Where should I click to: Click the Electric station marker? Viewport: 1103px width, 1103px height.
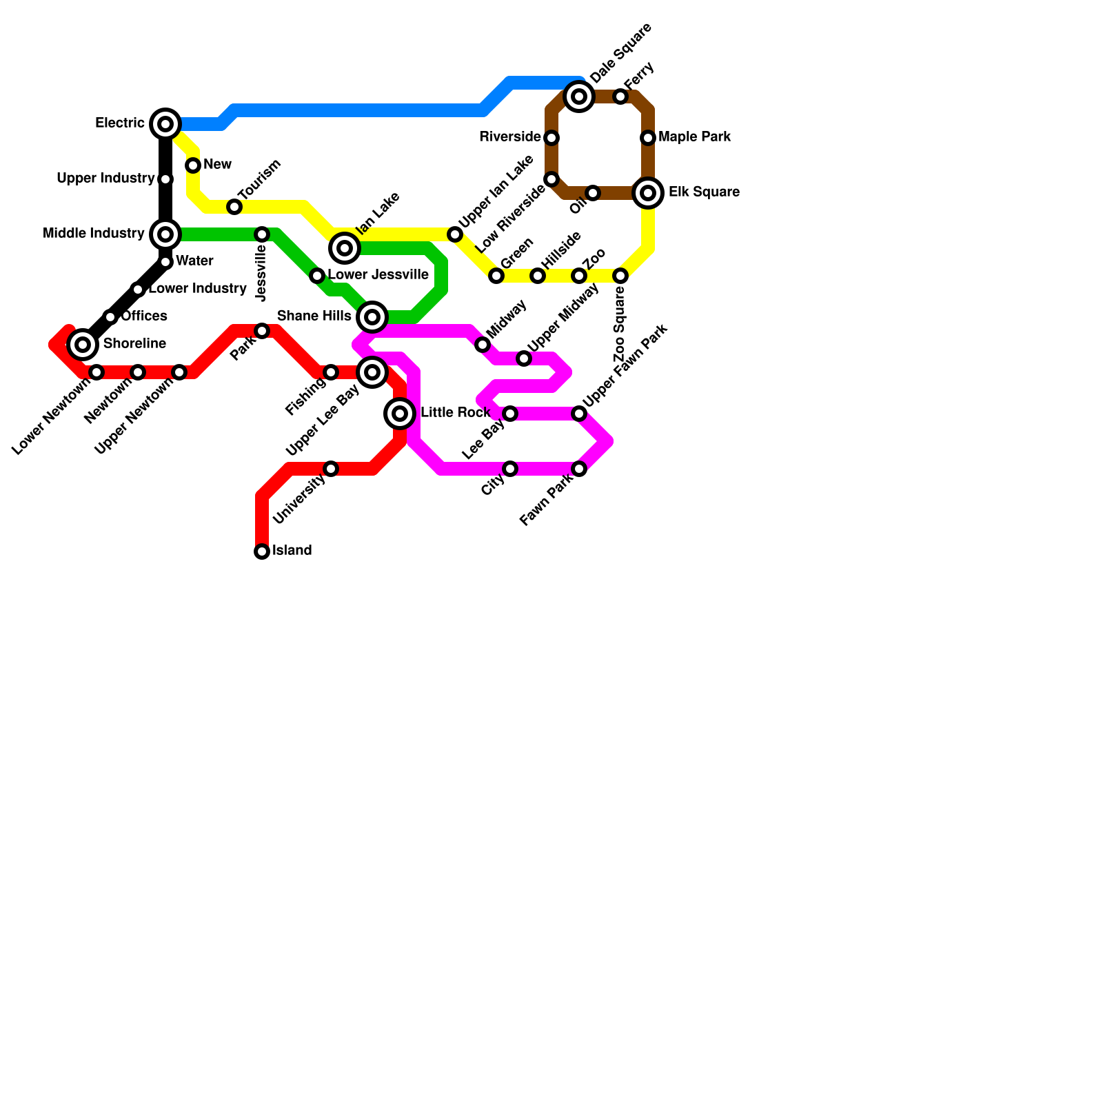[x=165, y=124]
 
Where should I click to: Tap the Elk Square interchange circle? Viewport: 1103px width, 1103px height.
[x=648, y=193]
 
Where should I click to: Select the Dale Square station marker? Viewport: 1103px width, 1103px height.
[x=579, y=97]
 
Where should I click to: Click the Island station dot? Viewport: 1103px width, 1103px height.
[x=262, y=551]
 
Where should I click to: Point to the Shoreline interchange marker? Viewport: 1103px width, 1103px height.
[x=83, y=344]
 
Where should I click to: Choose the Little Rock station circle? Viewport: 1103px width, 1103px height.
[x=400, y=414]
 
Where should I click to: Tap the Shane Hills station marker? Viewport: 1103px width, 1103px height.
[x=372, y=317]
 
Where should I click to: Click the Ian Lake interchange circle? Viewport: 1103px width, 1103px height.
[x=345, y=248]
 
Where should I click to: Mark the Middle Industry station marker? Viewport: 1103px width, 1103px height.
[x=165, y=234]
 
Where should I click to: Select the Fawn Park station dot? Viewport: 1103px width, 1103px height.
[x=579, y=469]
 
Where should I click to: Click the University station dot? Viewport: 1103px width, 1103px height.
[x=331, y=469]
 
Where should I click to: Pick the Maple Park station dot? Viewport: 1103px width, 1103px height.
[x=648, y=138]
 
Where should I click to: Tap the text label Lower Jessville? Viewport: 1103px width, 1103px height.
[x=378, y=275]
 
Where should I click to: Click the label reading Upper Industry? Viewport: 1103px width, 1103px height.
[x=105, y=179]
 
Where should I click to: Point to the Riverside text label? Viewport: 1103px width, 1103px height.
[x=509, y=137]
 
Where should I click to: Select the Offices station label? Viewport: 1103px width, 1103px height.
[x=144, y=316]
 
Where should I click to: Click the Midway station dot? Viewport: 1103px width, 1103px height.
[x=483, y=345]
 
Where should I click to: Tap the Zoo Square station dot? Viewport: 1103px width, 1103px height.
[x=620, y=276]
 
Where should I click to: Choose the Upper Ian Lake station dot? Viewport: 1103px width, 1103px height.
[x=455, y=234]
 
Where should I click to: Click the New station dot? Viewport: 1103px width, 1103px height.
[x=193, y=165]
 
